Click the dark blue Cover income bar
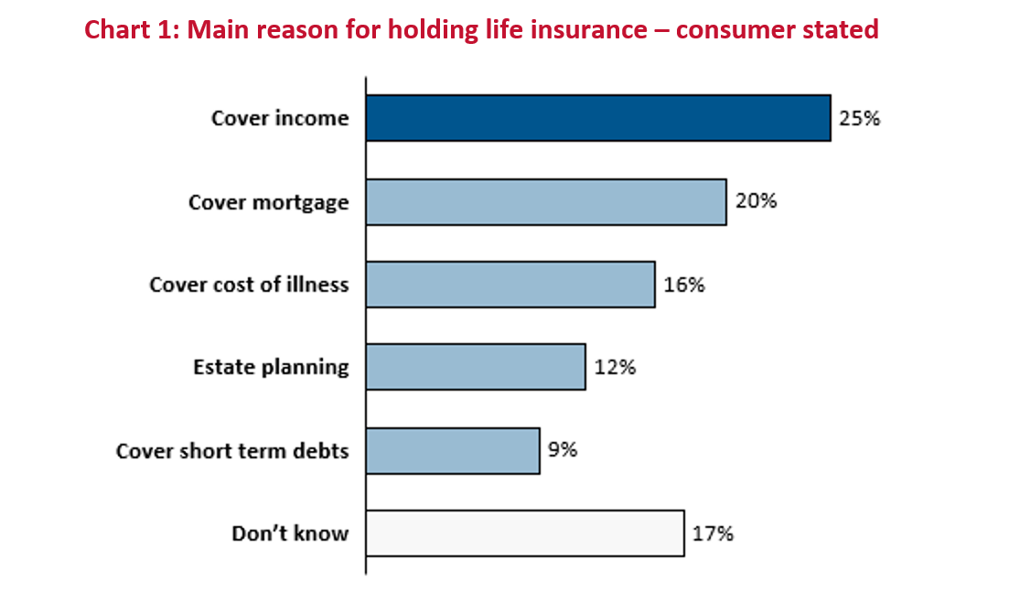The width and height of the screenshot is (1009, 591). pyautogui.click(x=598, y=118)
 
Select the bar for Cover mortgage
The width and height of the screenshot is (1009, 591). pyautogui.click(x=546, y=202)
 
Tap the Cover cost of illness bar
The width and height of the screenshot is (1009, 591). pyautogui.click(x=511, y=285)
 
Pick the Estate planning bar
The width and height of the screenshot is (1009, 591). pyautogui.click(x=477, y=367)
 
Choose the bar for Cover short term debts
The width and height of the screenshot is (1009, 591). pyautogui.click(x=453, y=451)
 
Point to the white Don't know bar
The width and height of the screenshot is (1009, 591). pyautogui.click(x=525, y=533)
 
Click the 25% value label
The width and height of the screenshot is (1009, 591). pyautogui.click(x=859, y=118)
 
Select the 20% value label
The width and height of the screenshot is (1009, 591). pyautogui.click(x=757, y=201)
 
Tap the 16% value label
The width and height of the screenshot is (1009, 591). pyautogui.click(x=684, y=285)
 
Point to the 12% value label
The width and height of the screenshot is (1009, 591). pyautogui.click(x=615, y=367)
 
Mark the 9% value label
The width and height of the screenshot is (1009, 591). pyautogui.click(x=563, y=449)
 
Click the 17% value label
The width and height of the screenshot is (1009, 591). pyautogui.click(x=713, y=533)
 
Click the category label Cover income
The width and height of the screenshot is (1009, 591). pyautogui.click(x=280, y=118)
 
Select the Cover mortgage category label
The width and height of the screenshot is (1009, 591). pyautogui.click(x=268, y=203)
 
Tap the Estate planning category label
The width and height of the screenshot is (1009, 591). pyautogui.click(x=271, y=368)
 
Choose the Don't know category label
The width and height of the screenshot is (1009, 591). pyautogui.click(x=290, y=533)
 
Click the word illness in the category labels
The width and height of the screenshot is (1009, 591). pyautogui.click(x=317, y=284)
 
